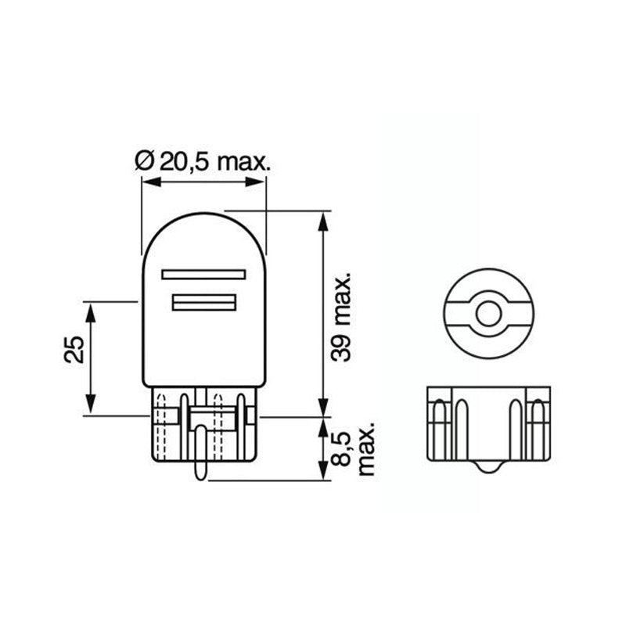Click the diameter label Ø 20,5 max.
[203, 162]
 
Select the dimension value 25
[75, 351]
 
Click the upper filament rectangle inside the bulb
[203, 274]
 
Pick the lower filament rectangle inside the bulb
[203, 303]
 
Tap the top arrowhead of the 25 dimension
[91, 308]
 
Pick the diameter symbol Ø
[143, 162]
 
